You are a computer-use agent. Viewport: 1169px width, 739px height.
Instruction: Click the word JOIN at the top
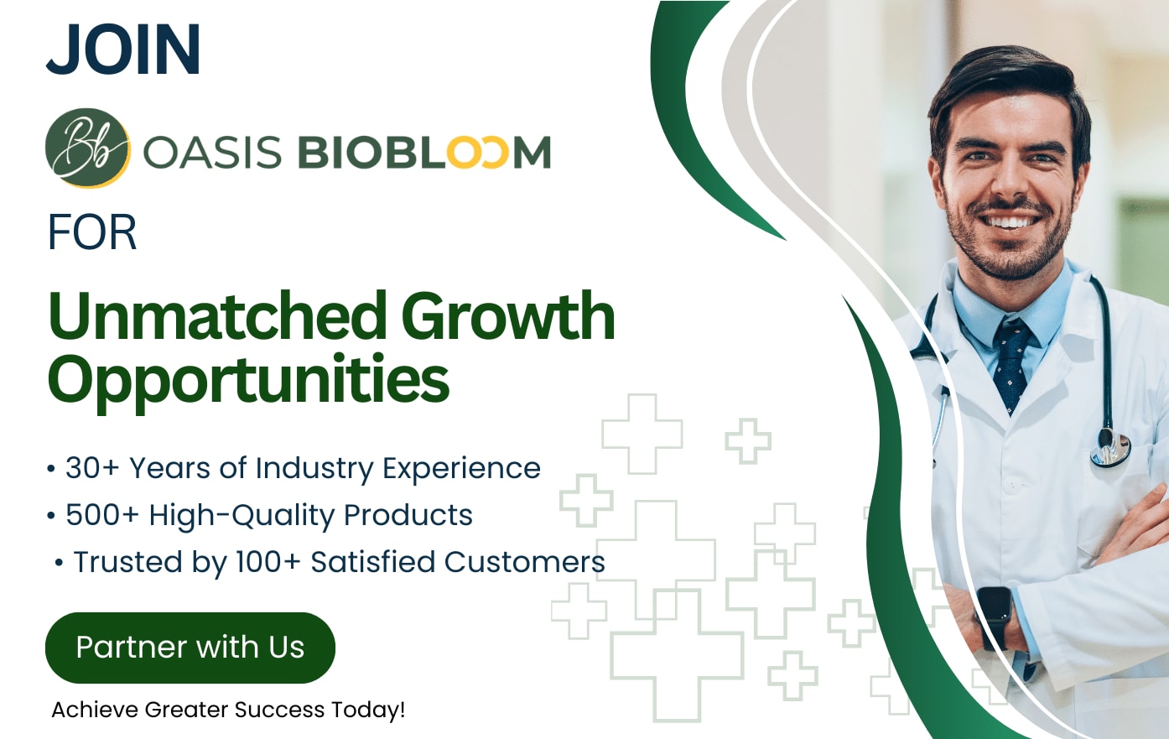[x=124, y=50]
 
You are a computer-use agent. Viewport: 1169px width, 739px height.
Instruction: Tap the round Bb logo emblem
[x=87, y=148]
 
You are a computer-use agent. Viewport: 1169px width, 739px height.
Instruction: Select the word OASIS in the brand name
[x=212, y=153]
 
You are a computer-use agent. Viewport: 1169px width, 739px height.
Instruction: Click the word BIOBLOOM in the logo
[x=424, y=153]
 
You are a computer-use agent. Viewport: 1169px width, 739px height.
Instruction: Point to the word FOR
[x=92, y=232]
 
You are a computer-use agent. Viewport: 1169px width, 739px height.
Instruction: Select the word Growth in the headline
[x=508, y=317]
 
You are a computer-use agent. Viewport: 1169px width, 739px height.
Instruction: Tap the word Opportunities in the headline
[x=249, y=380]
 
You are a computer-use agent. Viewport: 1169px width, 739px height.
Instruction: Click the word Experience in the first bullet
[x=461, y=469]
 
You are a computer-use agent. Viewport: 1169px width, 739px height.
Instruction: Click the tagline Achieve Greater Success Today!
[x=228, y=710]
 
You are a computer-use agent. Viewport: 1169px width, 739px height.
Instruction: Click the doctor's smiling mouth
[x=1010, y=221]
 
